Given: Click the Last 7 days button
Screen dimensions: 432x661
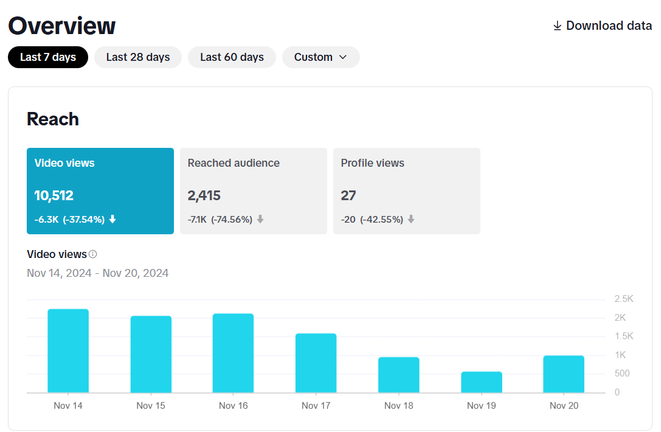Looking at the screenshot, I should [x=48, y=57].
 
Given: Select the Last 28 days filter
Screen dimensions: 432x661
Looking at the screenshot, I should [x=138, y=57].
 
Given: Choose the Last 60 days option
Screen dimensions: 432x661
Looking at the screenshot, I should [x=232, y=57].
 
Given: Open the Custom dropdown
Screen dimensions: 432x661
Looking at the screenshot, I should [x=320, y=57].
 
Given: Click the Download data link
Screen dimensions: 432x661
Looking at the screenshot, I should [x=602, y=26].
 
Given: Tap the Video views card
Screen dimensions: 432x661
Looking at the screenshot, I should [x=100, y=190].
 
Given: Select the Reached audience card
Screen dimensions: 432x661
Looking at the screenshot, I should [x=253, y=190].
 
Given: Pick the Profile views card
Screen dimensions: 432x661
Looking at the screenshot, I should [x=406, y=190].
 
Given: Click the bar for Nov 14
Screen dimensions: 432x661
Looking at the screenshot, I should [x=68, y=351].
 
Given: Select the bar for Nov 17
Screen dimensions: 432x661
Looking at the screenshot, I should [x=316, y=363].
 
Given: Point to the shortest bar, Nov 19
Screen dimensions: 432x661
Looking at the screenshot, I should [x=482, y=382].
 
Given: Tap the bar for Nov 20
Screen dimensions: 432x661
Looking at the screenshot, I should [x=564, y=374].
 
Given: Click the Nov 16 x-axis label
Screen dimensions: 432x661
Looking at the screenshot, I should [x=234, y=406].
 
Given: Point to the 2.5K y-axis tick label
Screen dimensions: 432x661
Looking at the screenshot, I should [x=625, y=299].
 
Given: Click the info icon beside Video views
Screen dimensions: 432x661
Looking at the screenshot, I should [x=93, y=254].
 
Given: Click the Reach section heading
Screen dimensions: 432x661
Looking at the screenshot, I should [x=53, y=119].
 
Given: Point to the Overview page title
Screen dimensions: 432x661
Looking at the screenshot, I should [x=61, y=26].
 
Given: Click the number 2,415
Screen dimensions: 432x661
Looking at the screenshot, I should [x=204, y=196].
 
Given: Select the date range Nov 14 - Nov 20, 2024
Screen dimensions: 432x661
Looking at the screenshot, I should [x=98, y=273].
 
